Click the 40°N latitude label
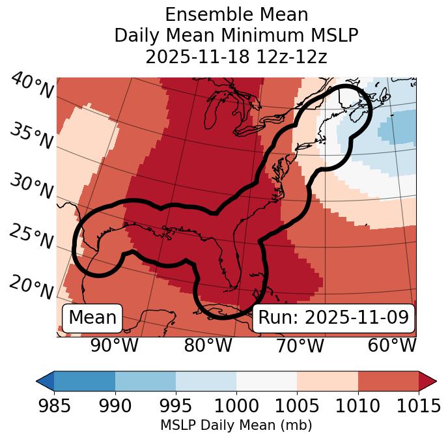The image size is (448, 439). [x=32, y=86]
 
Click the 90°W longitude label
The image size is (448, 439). [x=114, y=346]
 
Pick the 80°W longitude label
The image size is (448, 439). [x=208, y=346]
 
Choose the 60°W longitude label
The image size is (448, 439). [x=392, y=346]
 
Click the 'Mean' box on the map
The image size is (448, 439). [x=92, y=318]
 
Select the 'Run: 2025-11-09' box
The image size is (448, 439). [x=333, y=318]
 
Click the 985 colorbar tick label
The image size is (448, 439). [x=54, y=406]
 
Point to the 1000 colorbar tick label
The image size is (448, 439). [x=236, y=406]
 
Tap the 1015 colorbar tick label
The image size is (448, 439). [x=418, y=406]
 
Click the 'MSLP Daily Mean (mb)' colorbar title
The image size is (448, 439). [x=236, y=426]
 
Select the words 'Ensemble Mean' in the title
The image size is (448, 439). [x=236, y=14]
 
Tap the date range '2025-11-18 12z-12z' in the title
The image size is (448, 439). [x=236, y=57]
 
